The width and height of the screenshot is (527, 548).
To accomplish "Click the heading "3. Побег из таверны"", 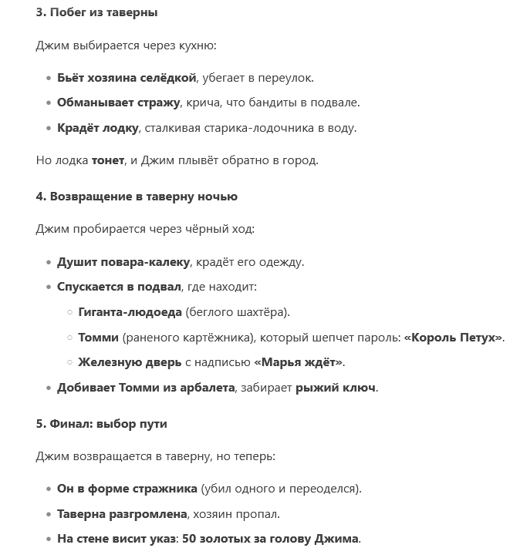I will [x=96, y=13].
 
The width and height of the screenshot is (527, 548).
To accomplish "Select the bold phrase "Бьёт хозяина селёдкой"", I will [x=127, y=77].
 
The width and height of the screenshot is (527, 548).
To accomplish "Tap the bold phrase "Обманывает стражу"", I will [x=118, y=103].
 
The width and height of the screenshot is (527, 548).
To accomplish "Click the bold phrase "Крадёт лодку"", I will [x=96, y=128].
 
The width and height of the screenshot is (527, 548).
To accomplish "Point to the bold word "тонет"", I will [x=107, y=160].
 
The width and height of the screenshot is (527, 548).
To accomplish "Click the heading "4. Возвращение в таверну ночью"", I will [x=137, y=197].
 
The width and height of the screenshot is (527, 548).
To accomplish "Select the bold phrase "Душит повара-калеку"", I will [x=123, y=261].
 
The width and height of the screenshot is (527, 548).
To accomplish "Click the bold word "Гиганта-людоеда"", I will [x=130, y=312].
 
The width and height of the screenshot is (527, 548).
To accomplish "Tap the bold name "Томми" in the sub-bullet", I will [x=98, y=338].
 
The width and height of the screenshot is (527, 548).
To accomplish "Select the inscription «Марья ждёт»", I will [x=298, y=362].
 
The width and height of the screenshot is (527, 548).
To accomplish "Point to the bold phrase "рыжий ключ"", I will [x=336, y=388].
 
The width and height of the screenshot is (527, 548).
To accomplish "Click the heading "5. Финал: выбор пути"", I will [x=101, y=424].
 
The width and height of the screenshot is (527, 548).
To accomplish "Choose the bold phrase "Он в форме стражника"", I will [x=127, y=489].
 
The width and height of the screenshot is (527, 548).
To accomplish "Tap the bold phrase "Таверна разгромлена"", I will [x=122, y=513].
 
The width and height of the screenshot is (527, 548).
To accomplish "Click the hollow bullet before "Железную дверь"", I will [x=69, y=362].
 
